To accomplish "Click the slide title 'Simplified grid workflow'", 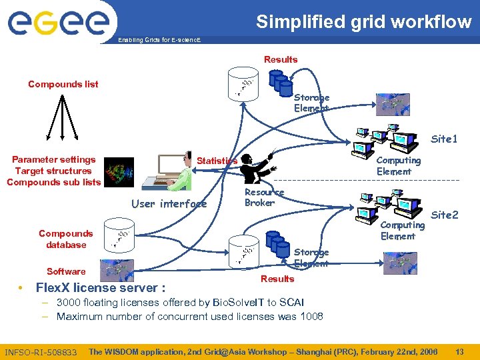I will (363, 21).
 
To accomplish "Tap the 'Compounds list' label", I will (63, 84).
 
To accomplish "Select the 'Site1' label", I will (444, 139).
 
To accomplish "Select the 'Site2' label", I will (445, 215).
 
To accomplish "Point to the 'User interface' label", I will (169, 203).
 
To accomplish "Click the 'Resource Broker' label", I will (264, 197).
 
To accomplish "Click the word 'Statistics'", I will (217, 161).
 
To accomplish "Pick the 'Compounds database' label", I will (66, 239).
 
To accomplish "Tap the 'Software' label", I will (66, 271).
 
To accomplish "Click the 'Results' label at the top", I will (281, 59).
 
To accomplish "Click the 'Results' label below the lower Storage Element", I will (277, 279).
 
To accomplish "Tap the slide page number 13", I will (459, 351).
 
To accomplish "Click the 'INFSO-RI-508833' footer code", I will (41, 352).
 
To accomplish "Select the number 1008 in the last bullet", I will (310, 316).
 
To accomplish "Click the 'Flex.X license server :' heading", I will (100, 288).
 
